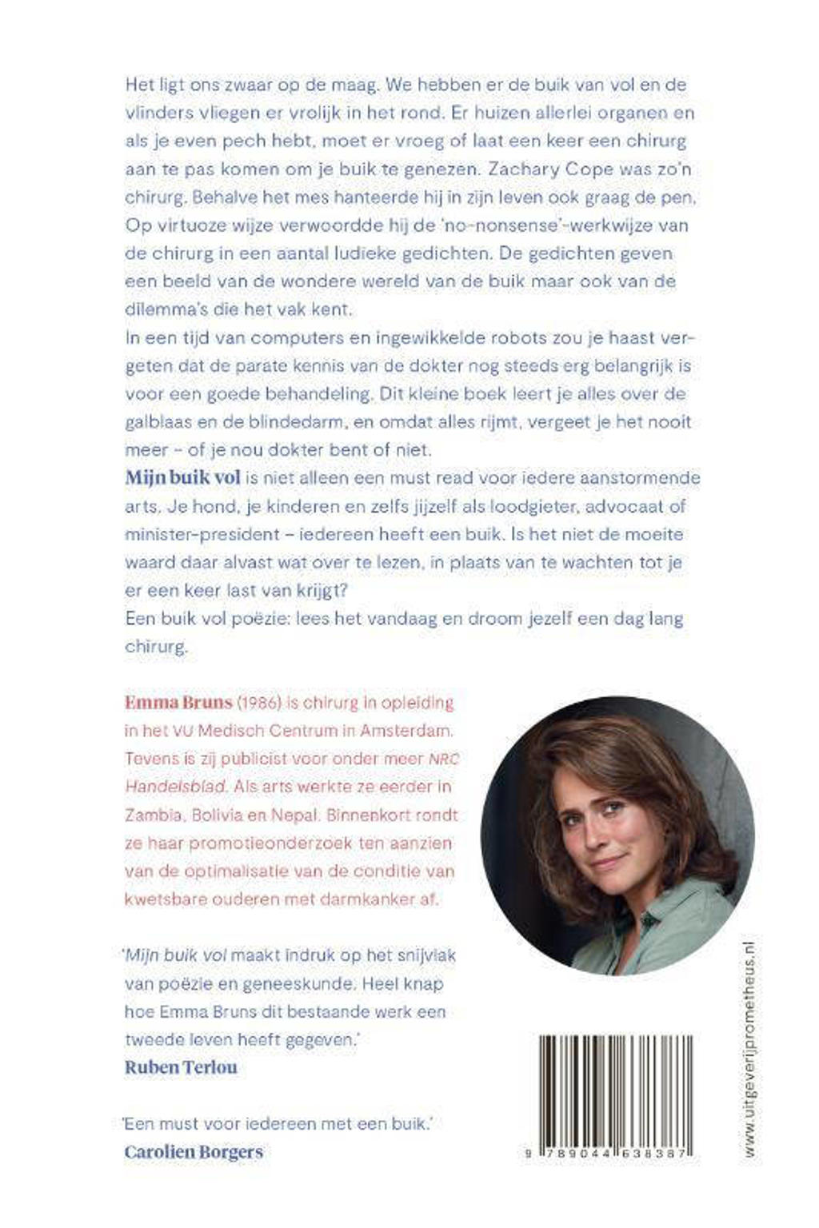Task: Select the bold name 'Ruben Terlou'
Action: pos(181,1067)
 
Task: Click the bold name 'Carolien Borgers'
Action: pos(194,1151)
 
